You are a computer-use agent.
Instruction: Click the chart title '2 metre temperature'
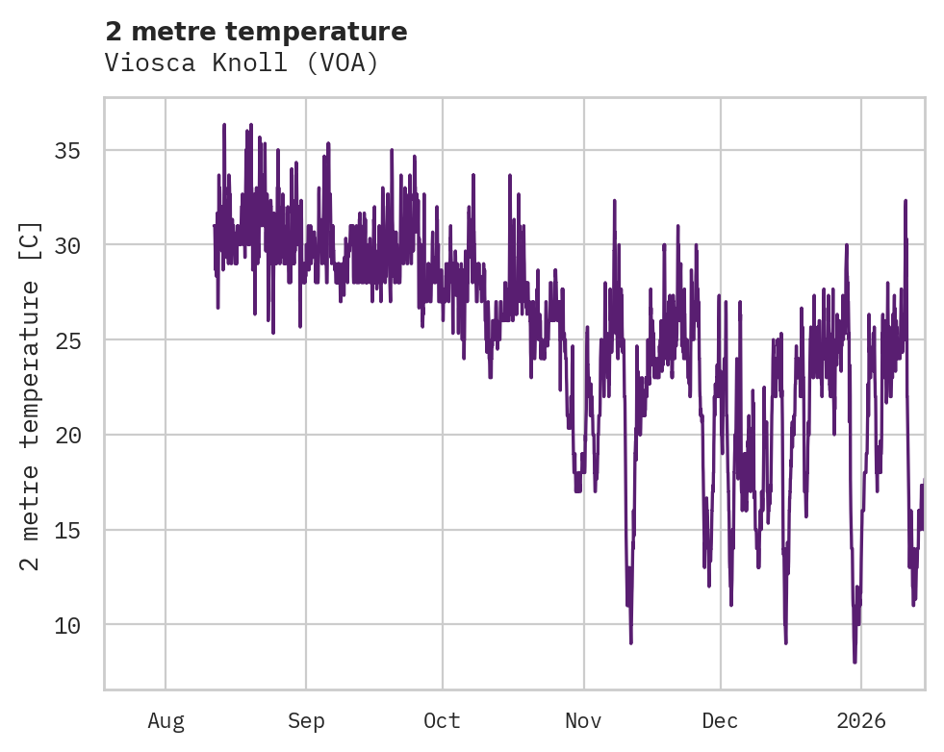(x=256, y=32)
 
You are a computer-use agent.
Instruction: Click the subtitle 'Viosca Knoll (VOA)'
(x=242, y=63)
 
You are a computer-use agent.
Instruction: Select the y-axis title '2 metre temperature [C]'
(x=31, y=395)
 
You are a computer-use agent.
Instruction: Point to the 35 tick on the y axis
(x=66, y=151)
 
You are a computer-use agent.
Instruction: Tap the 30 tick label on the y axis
(x=66, y=245)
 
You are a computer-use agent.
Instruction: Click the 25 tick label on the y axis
(x=66, y=340)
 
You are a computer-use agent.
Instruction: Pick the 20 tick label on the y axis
(x=66, y=436)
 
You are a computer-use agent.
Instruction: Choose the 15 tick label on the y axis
(x=66, y=531)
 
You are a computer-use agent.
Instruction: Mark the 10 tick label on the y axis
(x=66, y=625)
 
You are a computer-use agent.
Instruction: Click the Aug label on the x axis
(x=166, y=720)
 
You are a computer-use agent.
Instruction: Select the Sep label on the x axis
(x=306, y=720)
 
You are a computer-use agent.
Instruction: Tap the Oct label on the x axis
(x=443, y=720)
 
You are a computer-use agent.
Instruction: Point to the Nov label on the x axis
(x=583, y=720)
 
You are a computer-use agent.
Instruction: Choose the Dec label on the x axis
(x=720, y=720)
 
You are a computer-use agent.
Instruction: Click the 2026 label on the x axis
(x=860, y=720)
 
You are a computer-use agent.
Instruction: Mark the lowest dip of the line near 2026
(x=855, y=662)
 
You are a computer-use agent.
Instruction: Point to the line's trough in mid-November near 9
(x=631, y=642)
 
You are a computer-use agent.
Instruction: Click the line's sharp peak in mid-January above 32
(x=906, y=200)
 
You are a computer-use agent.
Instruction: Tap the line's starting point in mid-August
(x=215, y=226)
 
